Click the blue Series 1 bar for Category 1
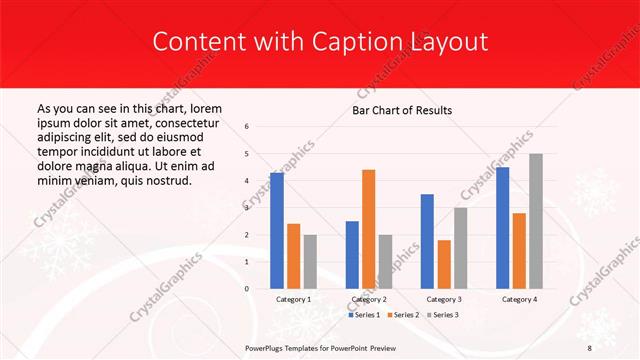[277, 230]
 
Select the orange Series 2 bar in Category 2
[368, 229]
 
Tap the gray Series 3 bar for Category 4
[536, 221]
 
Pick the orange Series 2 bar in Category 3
[444, 264]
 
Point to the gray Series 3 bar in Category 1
[310, 261]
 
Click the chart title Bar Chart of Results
[402, 110]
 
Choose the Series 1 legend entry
[364, 315]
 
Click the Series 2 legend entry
[402, 315]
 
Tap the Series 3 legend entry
[440, 315]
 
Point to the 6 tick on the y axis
[247, 127]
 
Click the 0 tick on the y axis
[247, 289]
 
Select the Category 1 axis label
[293, 299]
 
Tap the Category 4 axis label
[519, 299]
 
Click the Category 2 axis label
[368, 299]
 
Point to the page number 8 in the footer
[589, 347]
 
